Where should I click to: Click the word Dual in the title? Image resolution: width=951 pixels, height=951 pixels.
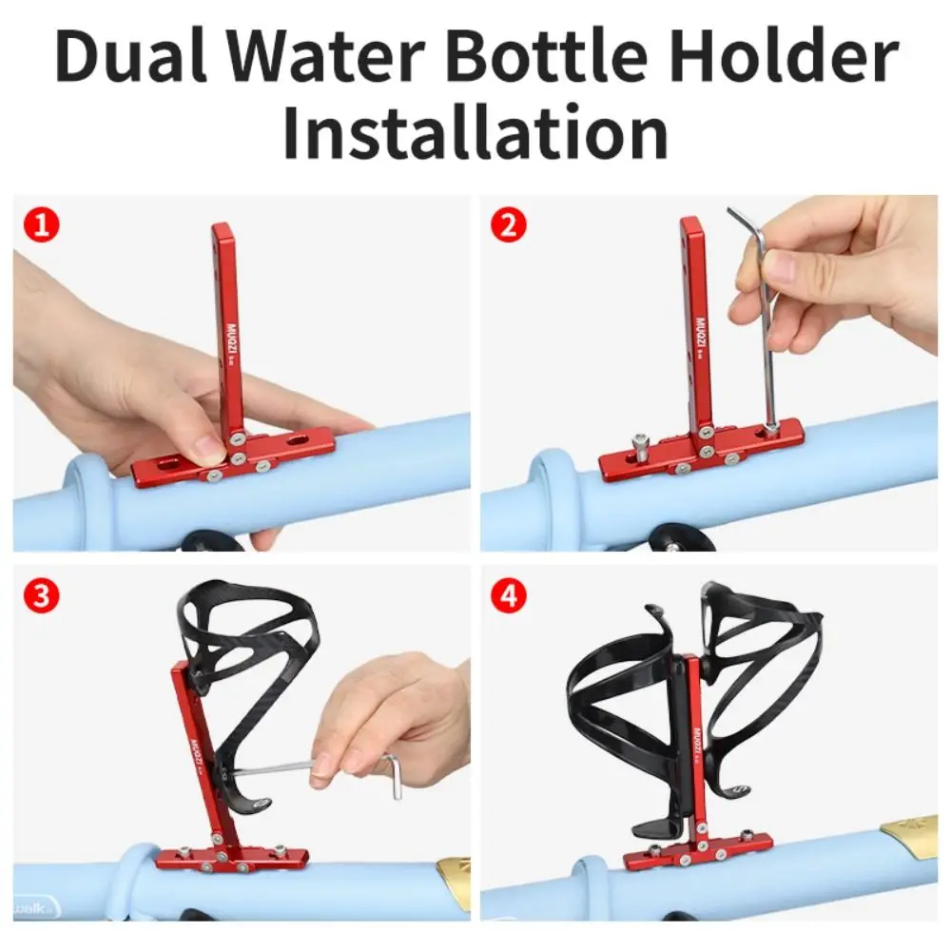131,57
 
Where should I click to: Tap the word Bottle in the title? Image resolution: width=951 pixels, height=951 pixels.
546,57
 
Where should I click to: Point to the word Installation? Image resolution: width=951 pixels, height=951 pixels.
475,132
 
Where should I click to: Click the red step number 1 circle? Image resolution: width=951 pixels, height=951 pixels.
42,225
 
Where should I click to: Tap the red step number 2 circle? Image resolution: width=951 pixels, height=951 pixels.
508,225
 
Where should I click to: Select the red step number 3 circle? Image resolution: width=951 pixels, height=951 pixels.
42,595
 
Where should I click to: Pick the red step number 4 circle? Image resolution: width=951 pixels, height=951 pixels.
508,595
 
